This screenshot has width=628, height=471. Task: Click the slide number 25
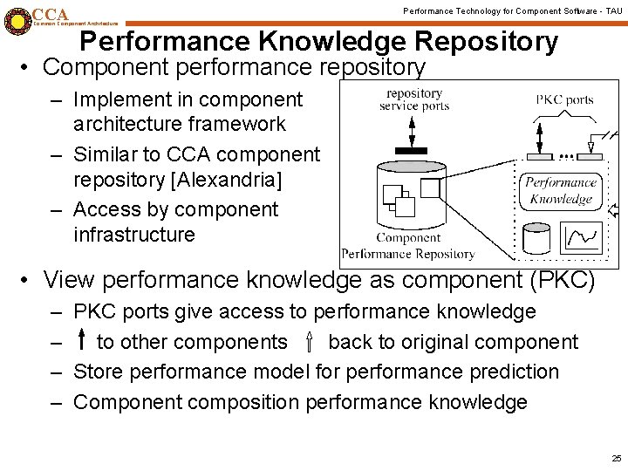(x=617, y=458)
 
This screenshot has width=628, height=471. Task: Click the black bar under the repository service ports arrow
(x=411, y=150)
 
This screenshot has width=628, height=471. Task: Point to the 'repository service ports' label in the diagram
(x=414, y=99)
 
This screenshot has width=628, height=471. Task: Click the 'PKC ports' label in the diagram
(x=564, y=99)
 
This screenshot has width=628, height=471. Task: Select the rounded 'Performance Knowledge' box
(x=560, y=191)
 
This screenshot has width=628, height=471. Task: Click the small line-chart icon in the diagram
(x=583, y=236)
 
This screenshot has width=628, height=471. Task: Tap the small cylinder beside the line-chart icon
(x=535, y=237)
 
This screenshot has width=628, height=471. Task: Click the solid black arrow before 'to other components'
(x=82, y=341)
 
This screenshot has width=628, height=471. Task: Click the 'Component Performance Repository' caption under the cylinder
(x=408, y=246)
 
